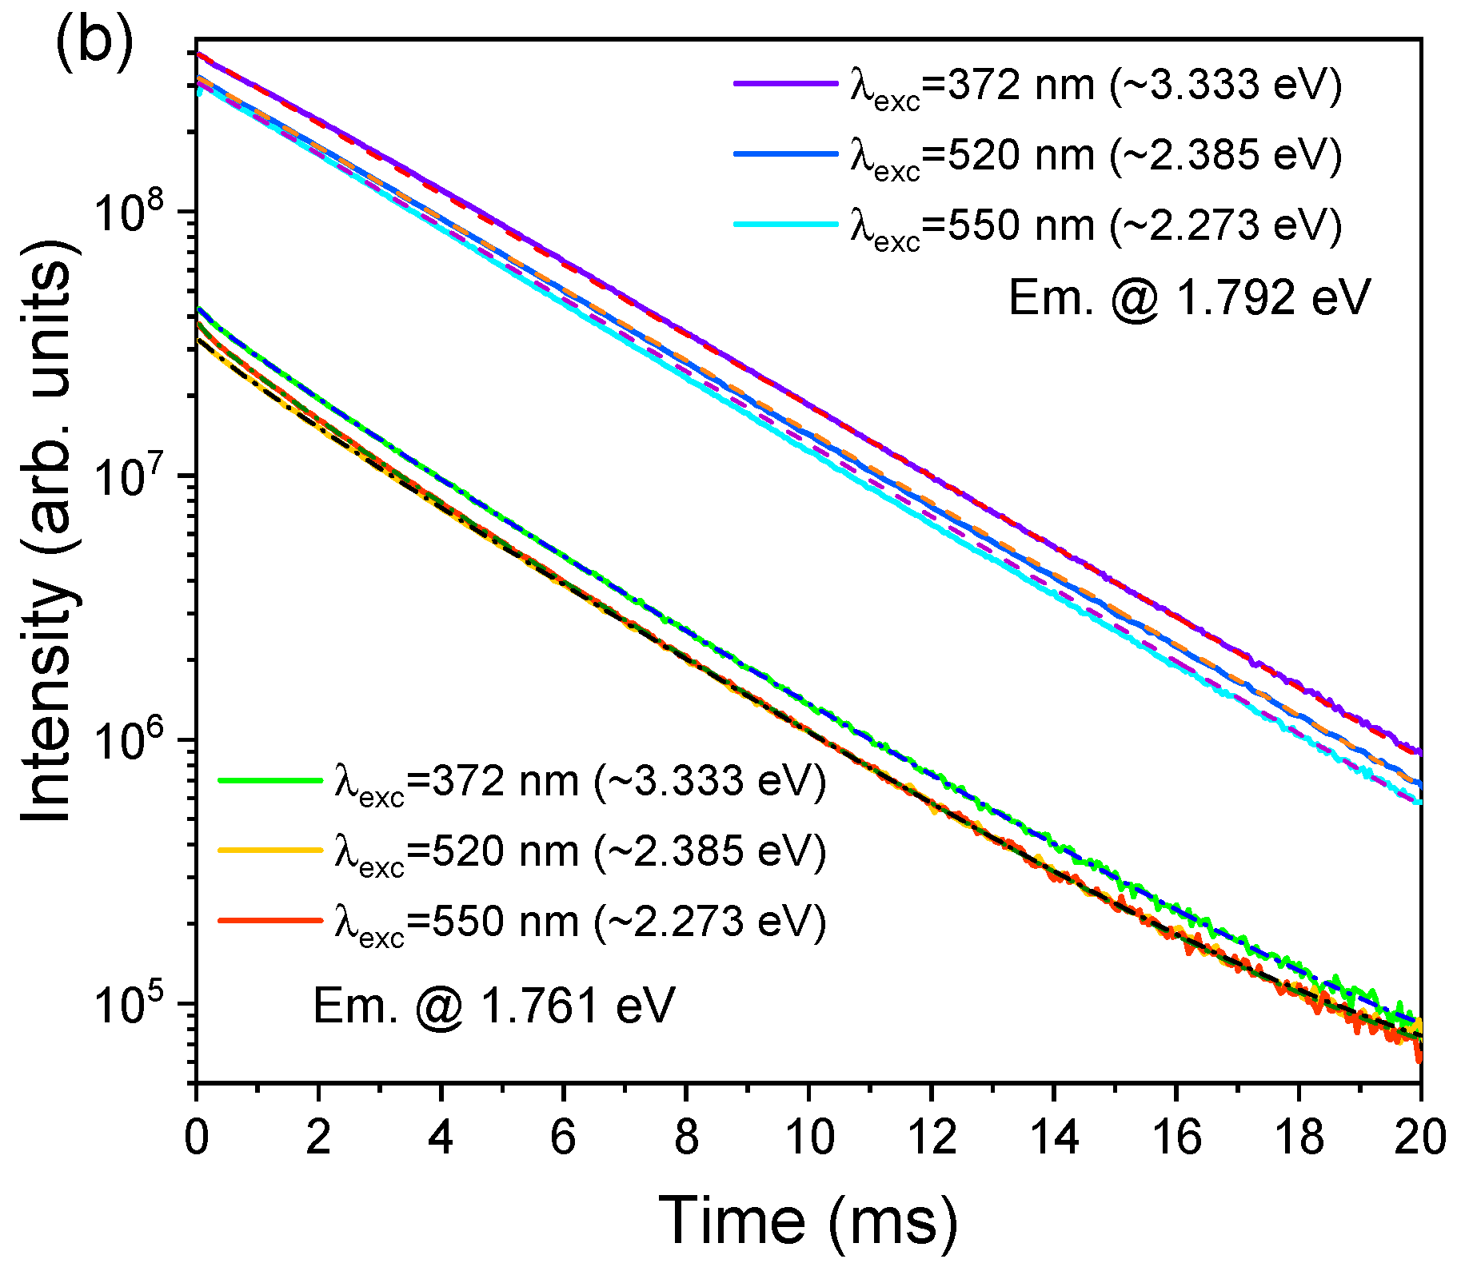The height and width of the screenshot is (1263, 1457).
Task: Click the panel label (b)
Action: coord(93,40)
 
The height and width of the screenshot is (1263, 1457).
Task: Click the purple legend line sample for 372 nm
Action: coord(785,83)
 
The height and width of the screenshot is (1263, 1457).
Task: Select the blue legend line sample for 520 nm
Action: coord(785,153)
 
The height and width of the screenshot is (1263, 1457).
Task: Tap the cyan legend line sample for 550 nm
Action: coord(785,224)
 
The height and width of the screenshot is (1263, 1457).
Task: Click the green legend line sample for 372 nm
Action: coord(269,779)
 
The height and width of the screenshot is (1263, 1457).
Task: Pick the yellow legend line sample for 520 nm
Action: coord(269,850)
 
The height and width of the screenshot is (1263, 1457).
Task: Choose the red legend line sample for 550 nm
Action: coord(269,920)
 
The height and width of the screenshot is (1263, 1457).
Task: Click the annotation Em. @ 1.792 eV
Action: coord(1189,298)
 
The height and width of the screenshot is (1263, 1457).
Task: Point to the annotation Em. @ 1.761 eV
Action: coord(493,1006)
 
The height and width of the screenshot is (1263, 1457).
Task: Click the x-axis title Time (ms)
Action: coord(808,1220)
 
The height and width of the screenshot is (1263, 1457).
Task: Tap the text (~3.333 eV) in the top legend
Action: coord(1226,85)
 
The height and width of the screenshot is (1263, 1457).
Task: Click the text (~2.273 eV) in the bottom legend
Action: coord(710,922)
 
